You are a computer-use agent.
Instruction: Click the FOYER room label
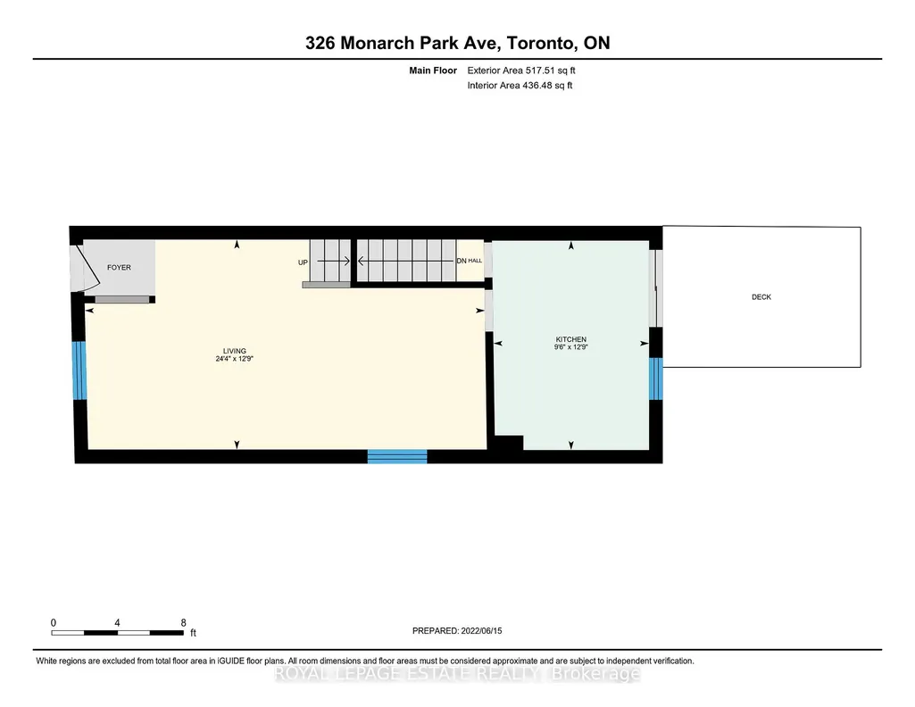point(119,267)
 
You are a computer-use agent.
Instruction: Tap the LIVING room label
point(235,351)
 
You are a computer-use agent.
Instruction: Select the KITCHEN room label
point(570,339)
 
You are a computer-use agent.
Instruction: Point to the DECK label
point(761,297)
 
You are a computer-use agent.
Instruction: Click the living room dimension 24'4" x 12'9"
point(235,359)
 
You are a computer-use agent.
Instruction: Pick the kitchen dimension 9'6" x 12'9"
point(570,347)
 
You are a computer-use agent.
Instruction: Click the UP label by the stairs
point(303,262)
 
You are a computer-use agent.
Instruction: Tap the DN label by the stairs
point(462,261)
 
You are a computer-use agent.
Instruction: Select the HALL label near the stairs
point(475,261)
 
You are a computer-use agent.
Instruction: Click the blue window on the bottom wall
point(397,456)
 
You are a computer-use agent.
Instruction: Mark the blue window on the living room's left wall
point(79,370)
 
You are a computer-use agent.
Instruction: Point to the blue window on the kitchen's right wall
point(656,378)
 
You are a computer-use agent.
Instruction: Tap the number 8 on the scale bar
point(183,623)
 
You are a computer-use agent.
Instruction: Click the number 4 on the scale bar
point(117,623)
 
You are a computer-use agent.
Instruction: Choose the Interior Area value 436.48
point(537,85)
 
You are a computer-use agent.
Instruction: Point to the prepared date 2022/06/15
point(481,630)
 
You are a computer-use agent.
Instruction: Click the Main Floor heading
point(433,70)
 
